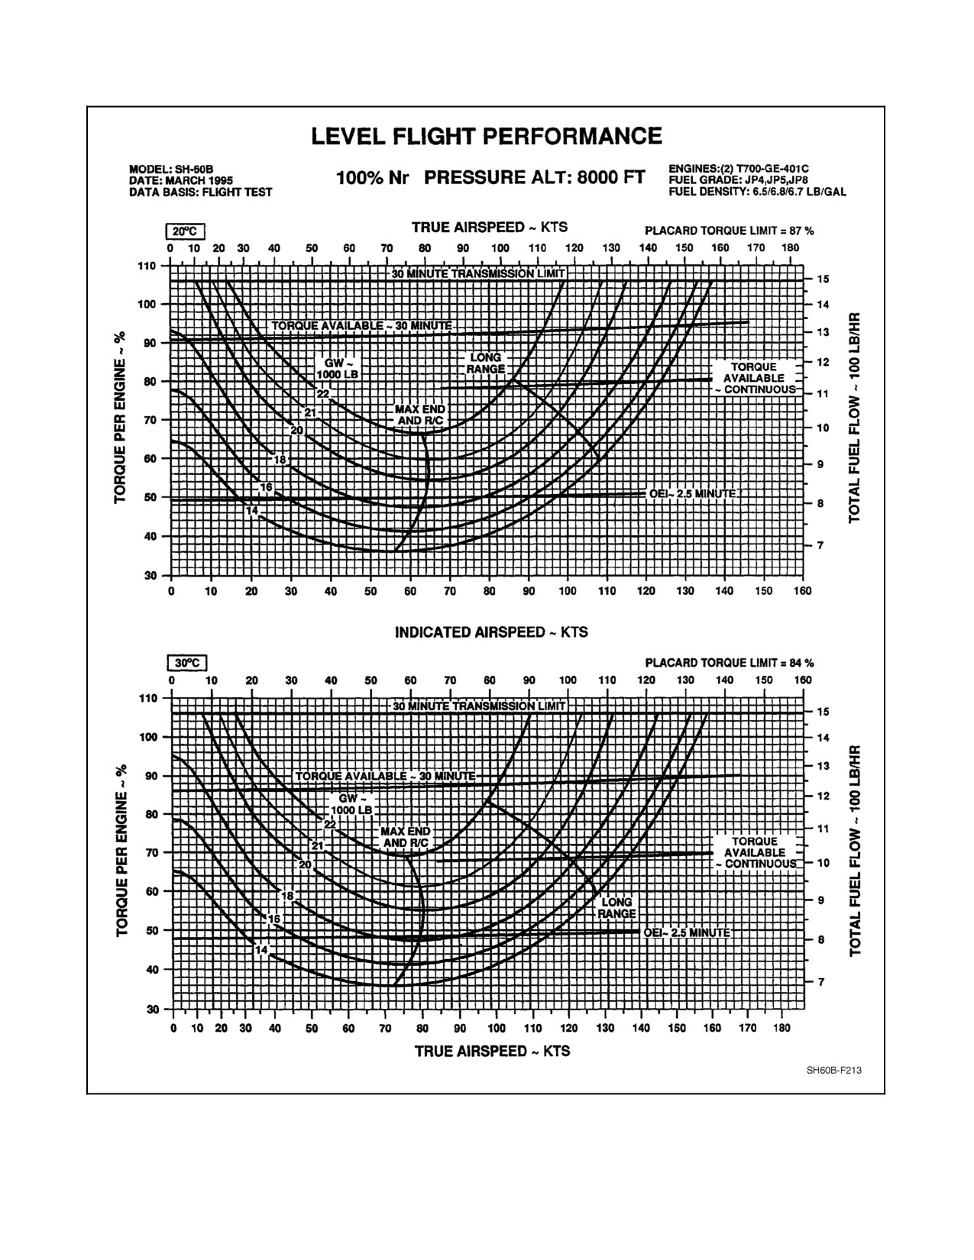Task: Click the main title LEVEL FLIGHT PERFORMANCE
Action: point(486,136)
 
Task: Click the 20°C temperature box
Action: point(185,232)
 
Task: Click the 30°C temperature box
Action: point(187,663)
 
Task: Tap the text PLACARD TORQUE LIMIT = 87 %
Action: point(730,231)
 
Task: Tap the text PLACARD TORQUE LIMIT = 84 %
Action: point(730,663)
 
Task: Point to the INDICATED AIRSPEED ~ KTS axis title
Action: point(491,632)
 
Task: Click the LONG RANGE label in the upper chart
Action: point(486,363)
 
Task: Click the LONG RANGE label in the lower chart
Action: point(616,908)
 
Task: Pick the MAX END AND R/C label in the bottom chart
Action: point(406,837)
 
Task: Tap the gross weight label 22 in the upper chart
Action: point(323,394)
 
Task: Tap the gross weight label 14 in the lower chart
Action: point(261,950)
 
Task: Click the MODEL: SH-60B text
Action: point(171,170)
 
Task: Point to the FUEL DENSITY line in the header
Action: point(757,192)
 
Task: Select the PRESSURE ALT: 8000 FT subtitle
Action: point(534,177)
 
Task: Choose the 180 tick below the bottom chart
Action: point(782,1028)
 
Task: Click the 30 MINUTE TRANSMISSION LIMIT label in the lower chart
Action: point(478,706)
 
